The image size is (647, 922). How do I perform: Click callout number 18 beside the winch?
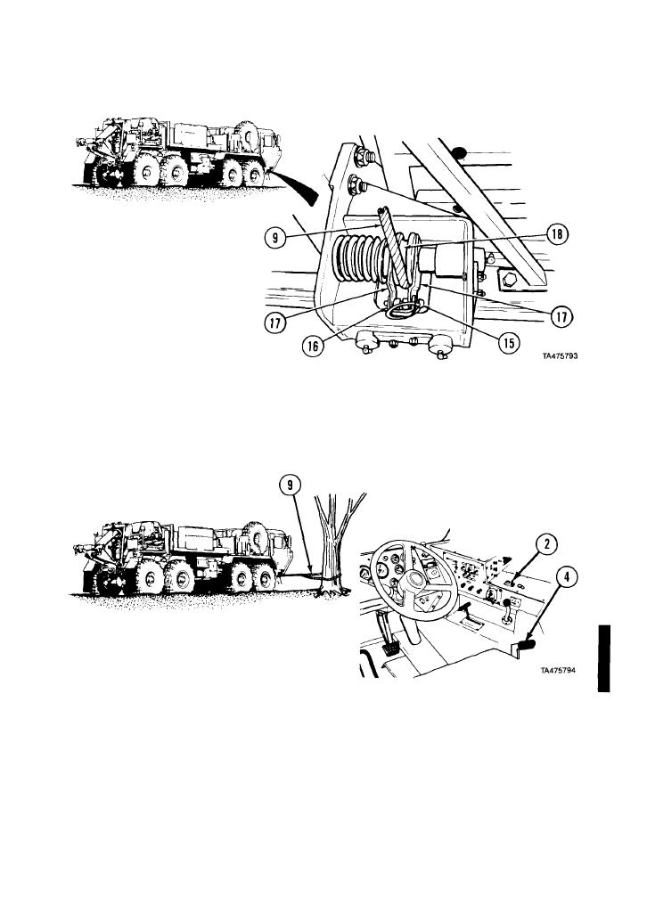(556, 234)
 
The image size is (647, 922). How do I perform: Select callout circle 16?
(313, 346)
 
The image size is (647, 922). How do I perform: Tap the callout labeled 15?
(509, 344)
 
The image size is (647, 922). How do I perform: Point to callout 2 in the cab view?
(547, 544)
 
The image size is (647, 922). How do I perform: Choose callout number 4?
(567, 577)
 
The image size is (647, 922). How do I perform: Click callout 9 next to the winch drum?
(275, 238)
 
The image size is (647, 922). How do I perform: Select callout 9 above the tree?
(291, 485)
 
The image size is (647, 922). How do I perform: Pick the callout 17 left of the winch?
(275, 322)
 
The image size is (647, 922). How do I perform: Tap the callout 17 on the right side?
(561, 317)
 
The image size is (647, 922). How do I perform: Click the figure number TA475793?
(560, 355)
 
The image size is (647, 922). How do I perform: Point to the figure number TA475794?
(558, 670)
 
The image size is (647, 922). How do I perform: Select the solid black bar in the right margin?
(604, 658)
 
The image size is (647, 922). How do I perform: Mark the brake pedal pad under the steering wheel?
(389, 649)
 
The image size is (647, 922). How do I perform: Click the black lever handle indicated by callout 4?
(526, 646)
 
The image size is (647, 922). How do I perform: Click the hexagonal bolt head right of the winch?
(506, 281)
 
